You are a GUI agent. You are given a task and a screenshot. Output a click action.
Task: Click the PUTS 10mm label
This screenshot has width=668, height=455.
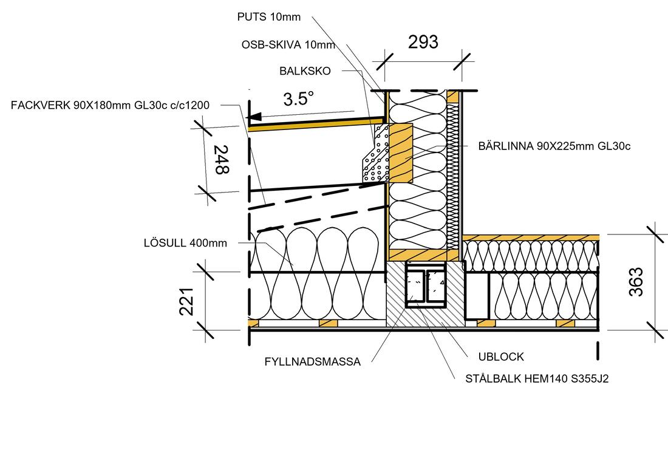pos(268,17)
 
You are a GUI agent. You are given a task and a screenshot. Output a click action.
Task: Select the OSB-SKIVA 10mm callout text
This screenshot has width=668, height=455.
pos(288,44)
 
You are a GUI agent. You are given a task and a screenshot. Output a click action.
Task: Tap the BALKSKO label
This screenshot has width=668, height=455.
pos(305,71)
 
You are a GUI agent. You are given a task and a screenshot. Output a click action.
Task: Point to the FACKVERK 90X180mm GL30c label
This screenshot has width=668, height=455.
pos(110,105)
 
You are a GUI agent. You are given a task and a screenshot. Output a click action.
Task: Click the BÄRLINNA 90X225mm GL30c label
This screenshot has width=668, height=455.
pos(554,146)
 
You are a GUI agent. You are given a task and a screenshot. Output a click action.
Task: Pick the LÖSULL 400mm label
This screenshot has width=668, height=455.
pos(186,243)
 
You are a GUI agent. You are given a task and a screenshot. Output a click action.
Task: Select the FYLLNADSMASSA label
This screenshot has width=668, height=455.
pos(312,361)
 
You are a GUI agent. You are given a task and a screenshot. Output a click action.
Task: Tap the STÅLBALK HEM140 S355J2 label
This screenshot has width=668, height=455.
pos(537,379)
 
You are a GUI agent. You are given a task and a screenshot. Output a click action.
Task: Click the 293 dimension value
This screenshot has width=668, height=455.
pos(423,43)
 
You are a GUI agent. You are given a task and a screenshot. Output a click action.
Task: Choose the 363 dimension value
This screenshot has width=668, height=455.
pos(635,282)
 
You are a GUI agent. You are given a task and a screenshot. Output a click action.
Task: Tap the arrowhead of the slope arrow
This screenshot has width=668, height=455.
pos(254,116)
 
